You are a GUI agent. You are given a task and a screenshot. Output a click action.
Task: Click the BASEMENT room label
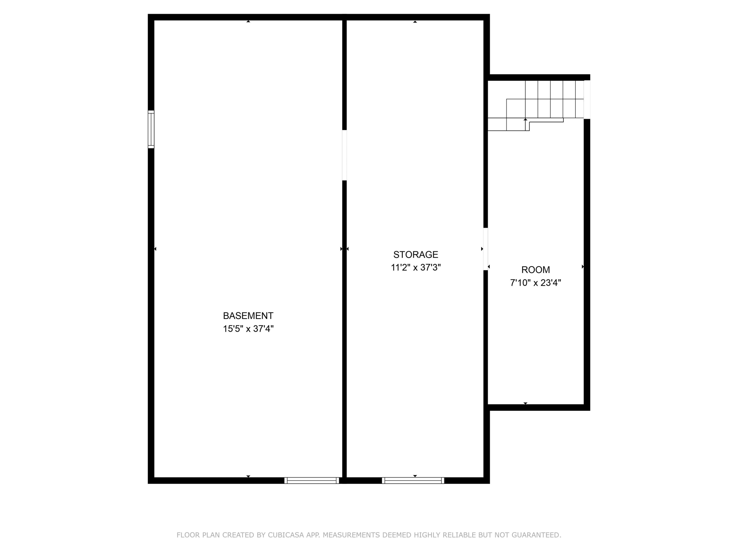click(248, 316)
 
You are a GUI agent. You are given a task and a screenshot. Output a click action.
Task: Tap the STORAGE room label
click(415, 254)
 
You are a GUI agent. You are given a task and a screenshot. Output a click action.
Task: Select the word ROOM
click(536, 269)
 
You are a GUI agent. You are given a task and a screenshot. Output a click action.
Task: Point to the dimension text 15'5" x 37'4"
click(248, 329)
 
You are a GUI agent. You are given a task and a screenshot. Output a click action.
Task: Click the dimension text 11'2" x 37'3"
click(416, 267)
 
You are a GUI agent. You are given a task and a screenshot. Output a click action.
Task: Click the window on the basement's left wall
click(151, 129)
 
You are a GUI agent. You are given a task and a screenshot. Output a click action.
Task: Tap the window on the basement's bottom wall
click(312, 481)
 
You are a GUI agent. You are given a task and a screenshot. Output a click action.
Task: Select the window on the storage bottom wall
click(413, 481)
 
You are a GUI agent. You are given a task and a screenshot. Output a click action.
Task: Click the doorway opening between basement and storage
click(344, 155)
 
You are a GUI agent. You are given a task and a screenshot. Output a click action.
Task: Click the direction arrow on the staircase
click(525, 125)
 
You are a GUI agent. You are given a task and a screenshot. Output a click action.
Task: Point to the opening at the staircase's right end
click(587, 99)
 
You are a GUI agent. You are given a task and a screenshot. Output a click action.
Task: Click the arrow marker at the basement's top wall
click(248, 21)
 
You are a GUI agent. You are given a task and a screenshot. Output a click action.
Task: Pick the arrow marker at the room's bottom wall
click(525, 403)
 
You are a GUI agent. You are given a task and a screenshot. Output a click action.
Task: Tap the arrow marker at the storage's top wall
click(415, 22)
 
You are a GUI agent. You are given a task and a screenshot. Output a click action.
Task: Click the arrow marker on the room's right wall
click(583, 266)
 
